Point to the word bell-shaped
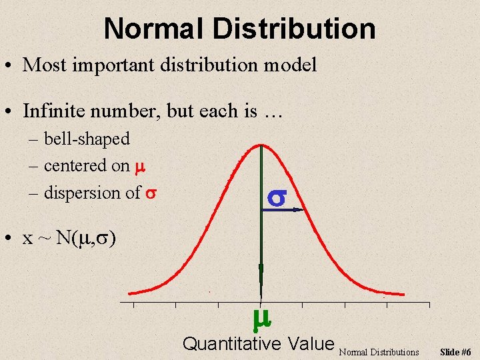pos(87,139)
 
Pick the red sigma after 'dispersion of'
pos(151,193)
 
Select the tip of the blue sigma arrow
pos(301,210)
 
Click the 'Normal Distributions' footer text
pos(379,351)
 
